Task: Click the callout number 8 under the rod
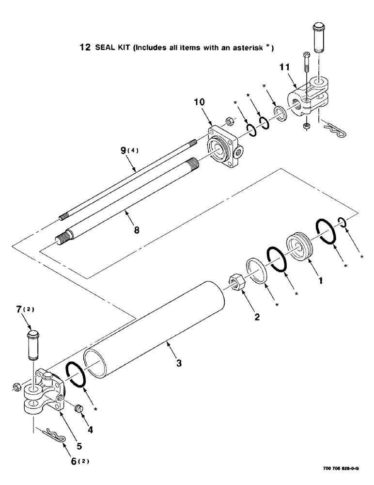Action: point(136,230)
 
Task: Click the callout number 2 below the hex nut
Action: point(257,318)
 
